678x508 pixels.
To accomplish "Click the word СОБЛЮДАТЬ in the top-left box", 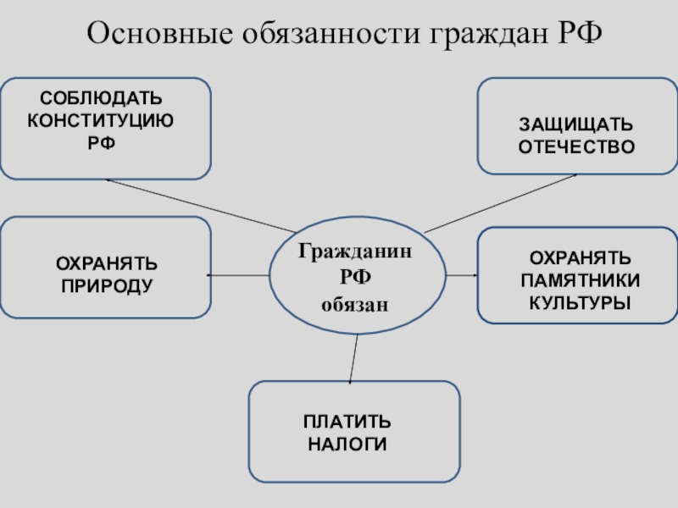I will [x=101, y=100].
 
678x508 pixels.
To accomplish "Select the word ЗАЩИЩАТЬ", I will [x=575, y=125].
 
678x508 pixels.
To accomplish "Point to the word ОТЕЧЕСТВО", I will [x=576, y=146].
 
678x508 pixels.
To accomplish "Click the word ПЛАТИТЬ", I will [x=347, y=422].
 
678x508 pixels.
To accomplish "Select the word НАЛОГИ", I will [x=347, y=443].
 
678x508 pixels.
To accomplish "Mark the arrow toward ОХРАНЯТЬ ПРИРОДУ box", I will [x=238, y=275].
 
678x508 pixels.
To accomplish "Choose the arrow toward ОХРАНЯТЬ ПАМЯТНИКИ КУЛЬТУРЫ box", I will [x=462, y=275].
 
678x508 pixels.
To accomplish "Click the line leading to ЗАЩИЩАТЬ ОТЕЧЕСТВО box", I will [x=500, y=203].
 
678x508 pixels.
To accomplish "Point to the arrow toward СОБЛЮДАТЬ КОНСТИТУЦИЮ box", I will [x=199, y=204].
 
